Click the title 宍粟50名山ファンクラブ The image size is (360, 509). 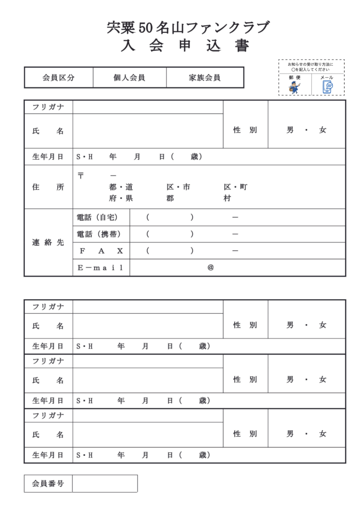[188, 28]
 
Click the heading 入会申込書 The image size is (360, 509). [185, 46]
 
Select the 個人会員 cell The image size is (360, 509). [129, 78]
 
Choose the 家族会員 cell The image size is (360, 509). [204, 78]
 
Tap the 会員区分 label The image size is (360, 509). [58, 78]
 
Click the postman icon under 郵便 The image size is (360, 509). [294, 87]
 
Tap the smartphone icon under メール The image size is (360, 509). [327, 87]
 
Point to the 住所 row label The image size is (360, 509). [48, 187]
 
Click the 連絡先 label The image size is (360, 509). [48, 243]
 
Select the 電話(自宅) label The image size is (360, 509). [100, 217]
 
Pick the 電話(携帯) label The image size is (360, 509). [100, 234]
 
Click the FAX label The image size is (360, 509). [100, 251]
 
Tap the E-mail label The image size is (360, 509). [100, 267]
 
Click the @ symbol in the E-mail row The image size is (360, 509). [210, 267]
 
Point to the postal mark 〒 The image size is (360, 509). [81, 175]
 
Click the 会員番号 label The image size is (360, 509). [48, 483]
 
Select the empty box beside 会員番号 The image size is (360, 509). [104, 483]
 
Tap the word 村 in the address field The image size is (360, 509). [227, 198]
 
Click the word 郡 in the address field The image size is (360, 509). [170, 198]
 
